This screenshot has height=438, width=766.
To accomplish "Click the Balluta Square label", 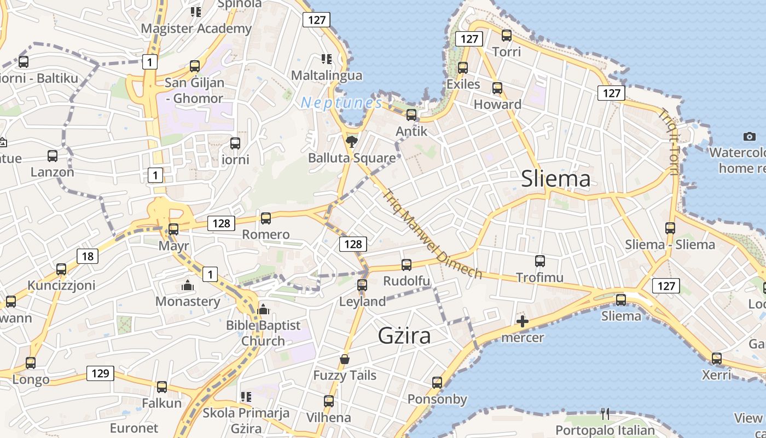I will pos(352,158).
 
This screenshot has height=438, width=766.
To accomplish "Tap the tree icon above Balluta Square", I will pos(352,142).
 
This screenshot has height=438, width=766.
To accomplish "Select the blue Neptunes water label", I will pos(341,102).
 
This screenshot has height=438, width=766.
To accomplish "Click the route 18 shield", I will pos(88,256).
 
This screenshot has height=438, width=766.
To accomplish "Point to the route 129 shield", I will pos(100,374).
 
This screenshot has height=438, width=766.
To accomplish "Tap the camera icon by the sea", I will pos(749,136).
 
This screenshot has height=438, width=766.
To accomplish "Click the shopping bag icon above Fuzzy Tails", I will pos(345,360).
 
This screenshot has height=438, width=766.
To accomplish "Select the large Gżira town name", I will pos(404,336).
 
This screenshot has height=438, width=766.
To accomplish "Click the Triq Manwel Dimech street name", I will pos(432,234).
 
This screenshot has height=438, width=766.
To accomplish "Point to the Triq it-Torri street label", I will pos(669,142).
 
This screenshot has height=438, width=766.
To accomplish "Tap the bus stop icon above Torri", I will pos(507,36).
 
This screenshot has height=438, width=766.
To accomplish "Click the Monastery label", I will pos(188,301).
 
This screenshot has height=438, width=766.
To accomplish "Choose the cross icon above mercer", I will pos(523,321).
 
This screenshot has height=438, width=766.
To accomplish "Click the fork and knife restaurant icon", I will pos(605,413).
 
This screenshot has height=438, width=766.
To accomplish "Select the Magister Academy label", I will pos(196,28).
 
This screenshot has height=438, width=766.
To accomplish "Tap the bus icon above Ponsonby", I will pos(437,383).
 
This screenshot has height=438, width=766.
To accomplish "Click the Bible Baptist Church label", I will pos(263,333).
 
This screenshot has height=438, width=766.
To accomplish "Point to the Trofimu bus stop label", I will pos(539,278).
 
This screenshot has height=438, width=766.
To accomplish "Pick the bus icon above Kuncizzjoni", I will pos(61,269).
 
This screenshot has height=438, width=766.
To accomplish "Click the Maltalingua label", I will pos(327,75).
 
